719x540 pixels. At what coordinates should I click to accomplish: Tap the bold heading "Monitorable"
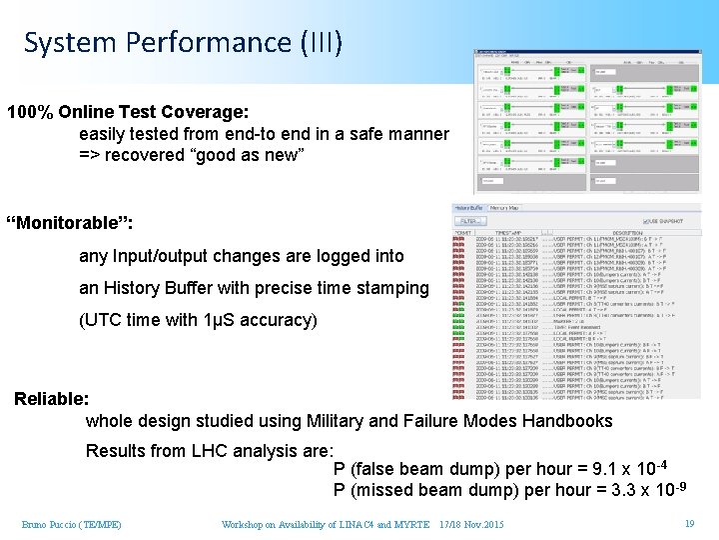tap(69, 220)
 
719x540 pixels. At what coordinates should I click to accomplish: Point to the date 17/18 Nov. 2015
tap(471, 524)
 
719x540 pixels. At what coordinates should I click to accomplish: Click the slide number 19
tap(689, 523)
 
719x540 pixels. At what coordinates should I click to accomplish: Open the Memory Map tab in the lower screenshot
tap(504, 208)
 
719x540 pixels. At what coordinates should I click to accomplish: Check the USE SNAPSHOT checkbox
tap(645, 221)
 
